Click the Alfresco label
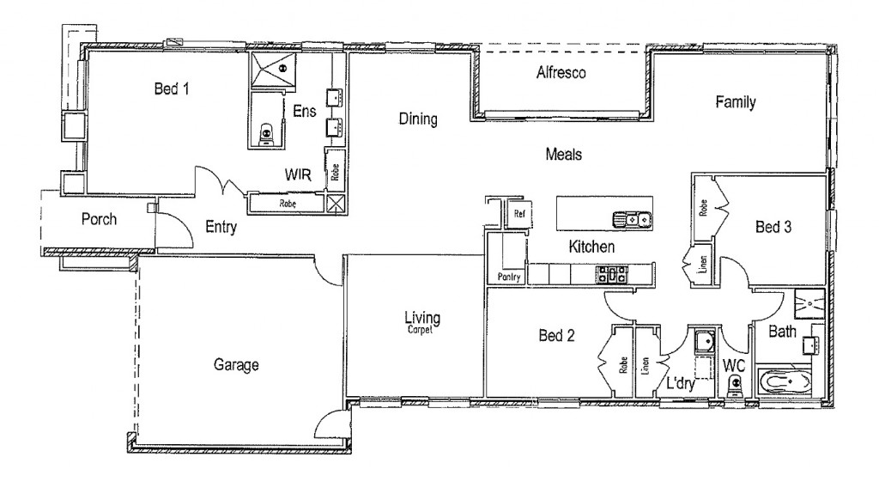pyautogui.click(x=561, y=72)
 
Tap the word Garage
pyautogui.click(x=236, y=365)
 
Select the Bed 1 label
pyautogui.click(x=172, y=88)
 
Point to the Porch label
pyautogui.click(x=100, y=219)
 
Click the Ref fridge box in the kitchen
pyautogui.click(x=518, y=215)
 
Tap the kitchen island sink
pyautogui.click(x=632, y=219)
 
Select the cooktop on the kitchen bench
pyautogui.click(x=611, y=275)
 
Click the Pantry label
pyautogui.click(x=509, y=277)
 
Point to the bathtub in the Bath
pyautogui.click(x=784, y=383)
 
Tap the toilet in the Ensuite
pyautogui.click(x=267, y=135)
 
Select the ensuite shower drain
pyautogui.click(x=283, y=69)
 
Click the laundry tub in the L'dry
pyautogui.click(x=704, y=340)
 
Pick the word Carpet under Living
pyautogui.click(x=420, y=330)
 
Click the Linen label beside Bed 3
pyautogui.click(x=703, y=265)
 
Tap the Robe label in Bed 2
pyautogui.click(x=623, y=365)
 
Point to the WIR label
pyautogui.click(x=298, y=175)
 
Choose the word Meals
pyautogui.click(x=564, y=155)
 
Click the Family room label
pyautogui.click(x=736, y=102)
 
